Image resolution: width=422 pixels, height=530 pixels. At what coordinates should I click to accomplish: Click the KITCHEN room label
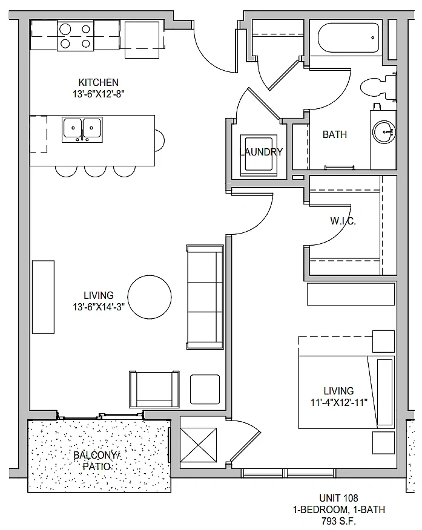point(99,82)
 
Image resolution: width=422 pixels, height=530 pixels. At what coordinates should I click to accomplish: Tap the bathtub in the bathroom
point(348,38)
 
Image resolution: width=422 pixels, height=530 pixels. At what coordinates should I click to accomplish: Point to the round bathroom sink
point(384,132)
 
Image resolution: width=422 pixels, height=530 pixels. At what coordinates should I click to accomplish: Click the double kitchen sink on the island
point(82,129)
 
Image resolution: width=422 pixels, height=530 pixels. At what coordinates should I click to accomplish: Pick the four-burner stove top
point(76,36)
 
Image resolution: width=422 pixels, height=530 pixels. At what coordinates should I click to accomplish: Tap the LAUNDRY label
point(261,152)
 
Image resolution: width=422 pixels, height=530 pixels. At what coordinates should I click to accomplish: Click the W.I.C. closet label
point(343,221)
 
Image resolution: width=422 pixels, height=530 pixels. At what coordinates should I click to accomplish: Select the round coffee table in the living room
point(150,297)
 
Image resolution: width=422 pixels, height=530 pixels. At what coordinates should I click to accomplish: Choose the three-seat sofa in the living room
point(205,297)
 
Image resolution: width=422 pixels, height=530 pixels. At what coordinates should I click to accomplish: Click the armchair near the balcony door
point(154,389)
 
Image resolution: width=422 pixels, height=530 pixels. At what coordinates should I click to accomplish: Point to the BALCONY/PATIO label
point(97,460)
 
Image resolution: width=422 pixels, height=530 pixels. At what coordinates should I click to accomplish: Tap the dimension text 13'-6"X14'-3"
point(99,307)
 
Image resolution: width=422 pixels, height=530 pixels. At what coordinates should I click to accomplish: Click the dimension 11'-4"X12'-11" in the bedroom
point(339,402)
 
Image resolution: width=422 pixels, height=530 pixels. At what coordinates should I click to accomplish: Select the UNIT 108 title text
point(339,498)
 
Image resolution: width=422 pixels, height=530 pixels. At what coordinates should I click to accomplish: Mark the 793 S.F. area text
point(339,521)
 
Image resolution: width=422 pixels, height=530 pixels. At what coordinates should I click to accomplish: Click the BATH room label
point(335,134)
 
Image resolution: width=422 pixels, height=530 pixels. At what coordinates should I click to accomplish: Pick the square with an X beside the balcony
point(198,445)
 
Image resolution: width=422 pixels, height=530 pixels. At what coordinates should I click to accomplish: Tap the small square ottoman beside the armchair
point(205,390)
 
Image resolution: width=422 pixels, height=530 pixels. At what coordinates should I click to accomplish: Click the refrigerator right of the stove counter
point(142,39)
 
